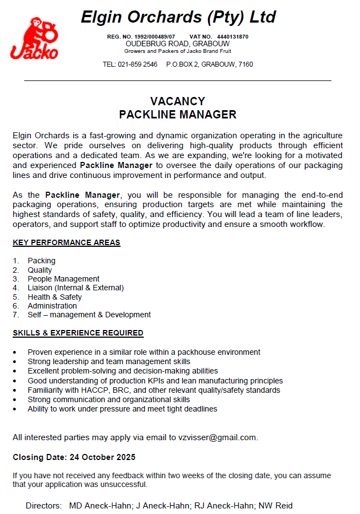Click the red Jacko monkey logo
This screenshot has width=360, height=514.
click(x=34, y=38)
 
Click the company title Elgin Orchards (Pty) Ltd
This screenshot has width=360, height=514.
click(x=178, y=17)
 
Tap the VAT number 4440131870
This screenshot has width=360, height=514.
click(x=233, y=36)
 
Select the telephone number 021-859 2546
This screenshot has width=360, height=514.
click(x=138, y=64)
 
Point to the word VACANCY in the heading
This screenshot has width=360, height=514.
click(x=178, y=101)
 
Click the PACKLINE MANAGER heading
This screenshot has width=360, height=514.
click(x=178, y=115)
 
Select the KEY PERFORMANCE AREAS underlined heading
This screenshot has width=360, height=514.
click(x=66, y=242)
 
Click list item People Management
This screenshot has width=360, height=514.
click(x=63, y=279)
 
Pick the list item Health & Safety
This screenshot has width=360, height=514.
click(x=54, y=297)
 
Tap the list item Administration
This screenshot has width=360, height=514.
click(x=52, y=306)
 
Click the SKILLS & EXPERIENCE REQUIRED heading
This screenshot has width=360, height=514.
click(x=78, y=333)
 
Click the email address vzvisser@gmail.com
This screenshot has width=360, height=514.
click(x=217, y=437)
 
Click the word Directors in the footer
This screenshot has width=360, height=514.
click(x=43, y=505)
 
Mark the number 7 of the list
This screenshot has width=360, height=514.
click(x=16, y=315)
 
